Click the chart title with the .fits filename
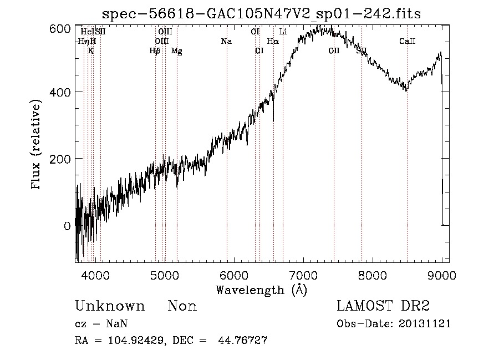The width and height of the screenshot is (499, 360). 262,13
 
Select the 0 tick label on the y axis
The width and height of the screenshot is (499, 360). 67,226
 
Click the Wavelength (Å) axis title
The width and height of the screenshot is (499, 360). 261,290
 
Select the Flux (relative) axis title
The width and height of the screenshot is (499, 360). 37,145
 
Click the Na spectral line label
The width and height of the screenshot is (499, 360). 226,42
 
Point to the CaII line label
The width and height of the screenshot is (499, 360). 408,42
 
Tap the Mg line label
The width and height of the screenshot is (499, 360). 176,52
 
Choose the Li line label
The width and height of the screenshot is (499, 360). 283,32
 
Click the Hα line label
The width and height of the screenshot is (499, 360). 273,42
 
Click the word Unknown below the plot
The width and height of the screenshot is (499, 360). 110,306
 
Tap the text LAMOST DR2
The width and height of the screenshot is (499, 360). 383,306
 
